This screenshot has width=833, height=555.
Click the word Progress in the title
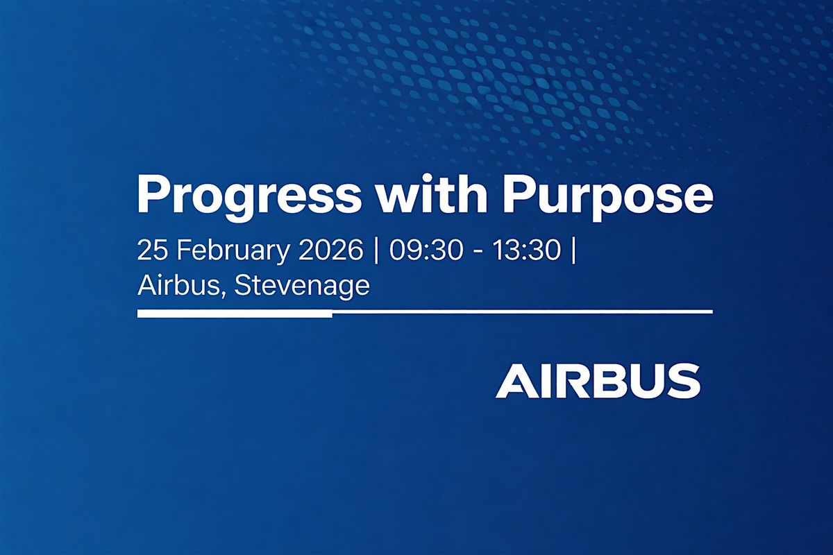[x=249, y=196]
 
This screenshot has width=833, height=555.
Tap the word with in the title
[x=431, y=194]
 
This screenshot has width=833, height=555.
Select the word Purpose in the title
[x=607, y=196]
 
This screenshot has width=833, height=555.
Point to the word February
[x=233, y=252]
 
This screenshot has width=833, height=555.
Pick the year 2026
[x=330, y=250]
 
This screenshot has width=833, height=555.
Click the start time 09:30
[x=426, y=250]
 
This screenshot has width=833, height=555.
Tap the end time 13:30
[x=526, y=250]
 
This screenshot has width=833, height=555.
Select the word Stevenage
[x=302, y=287]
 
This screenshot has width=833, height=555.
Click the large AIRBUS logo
[x=598, y=381]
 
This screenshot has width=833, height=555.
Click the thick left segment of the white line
[x=235, y=314]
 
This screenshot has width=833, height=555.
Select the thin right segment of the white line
[x=523, y=312]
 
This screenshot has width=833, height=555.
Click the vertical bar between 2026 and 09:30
[x=376, y=251]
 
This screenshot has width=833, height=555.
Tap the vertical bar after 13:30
[x=573, y=251]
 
